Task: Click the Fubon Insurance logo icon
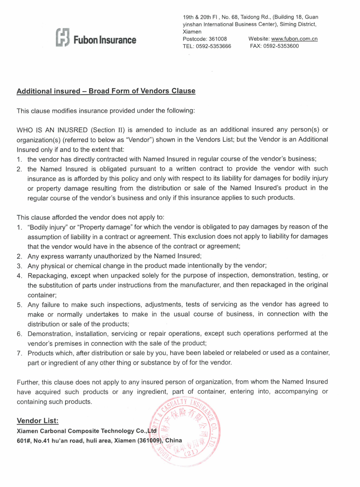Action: coord(62,38)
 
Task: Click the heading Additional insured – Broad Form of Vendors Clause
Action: coord(106,91)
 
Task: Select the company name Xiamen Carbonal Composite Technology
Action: coord(76,431)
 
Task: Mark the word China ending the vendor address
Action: coord(174,440)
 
